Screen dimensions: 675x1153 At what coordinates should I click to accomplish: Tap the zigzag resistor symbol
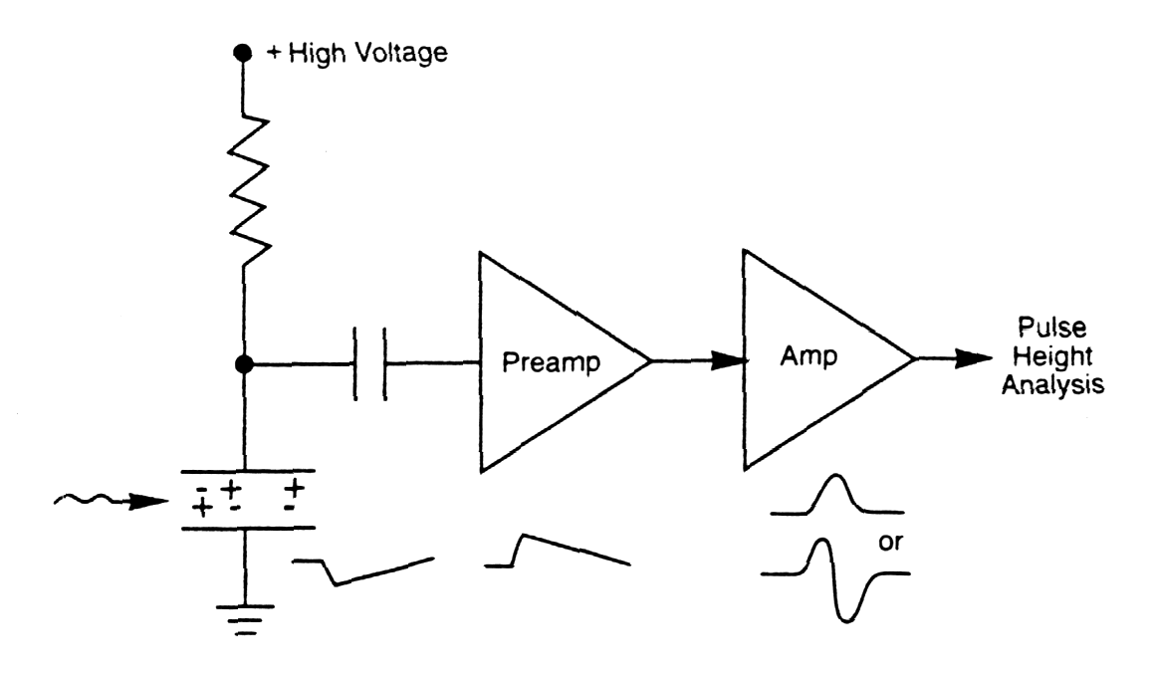(241, 186)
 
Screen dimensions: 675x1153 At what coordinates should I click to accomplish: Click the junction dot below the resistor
(241, 364)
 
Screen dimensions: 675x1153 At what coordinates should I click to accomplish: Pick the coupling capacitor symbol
(370, 364)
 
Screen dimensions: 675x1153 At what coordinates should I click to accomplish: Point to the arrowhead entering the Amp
(732, 363)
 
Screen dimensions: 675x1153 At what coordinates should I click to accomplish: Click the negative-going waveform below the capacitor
(362, 570)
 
